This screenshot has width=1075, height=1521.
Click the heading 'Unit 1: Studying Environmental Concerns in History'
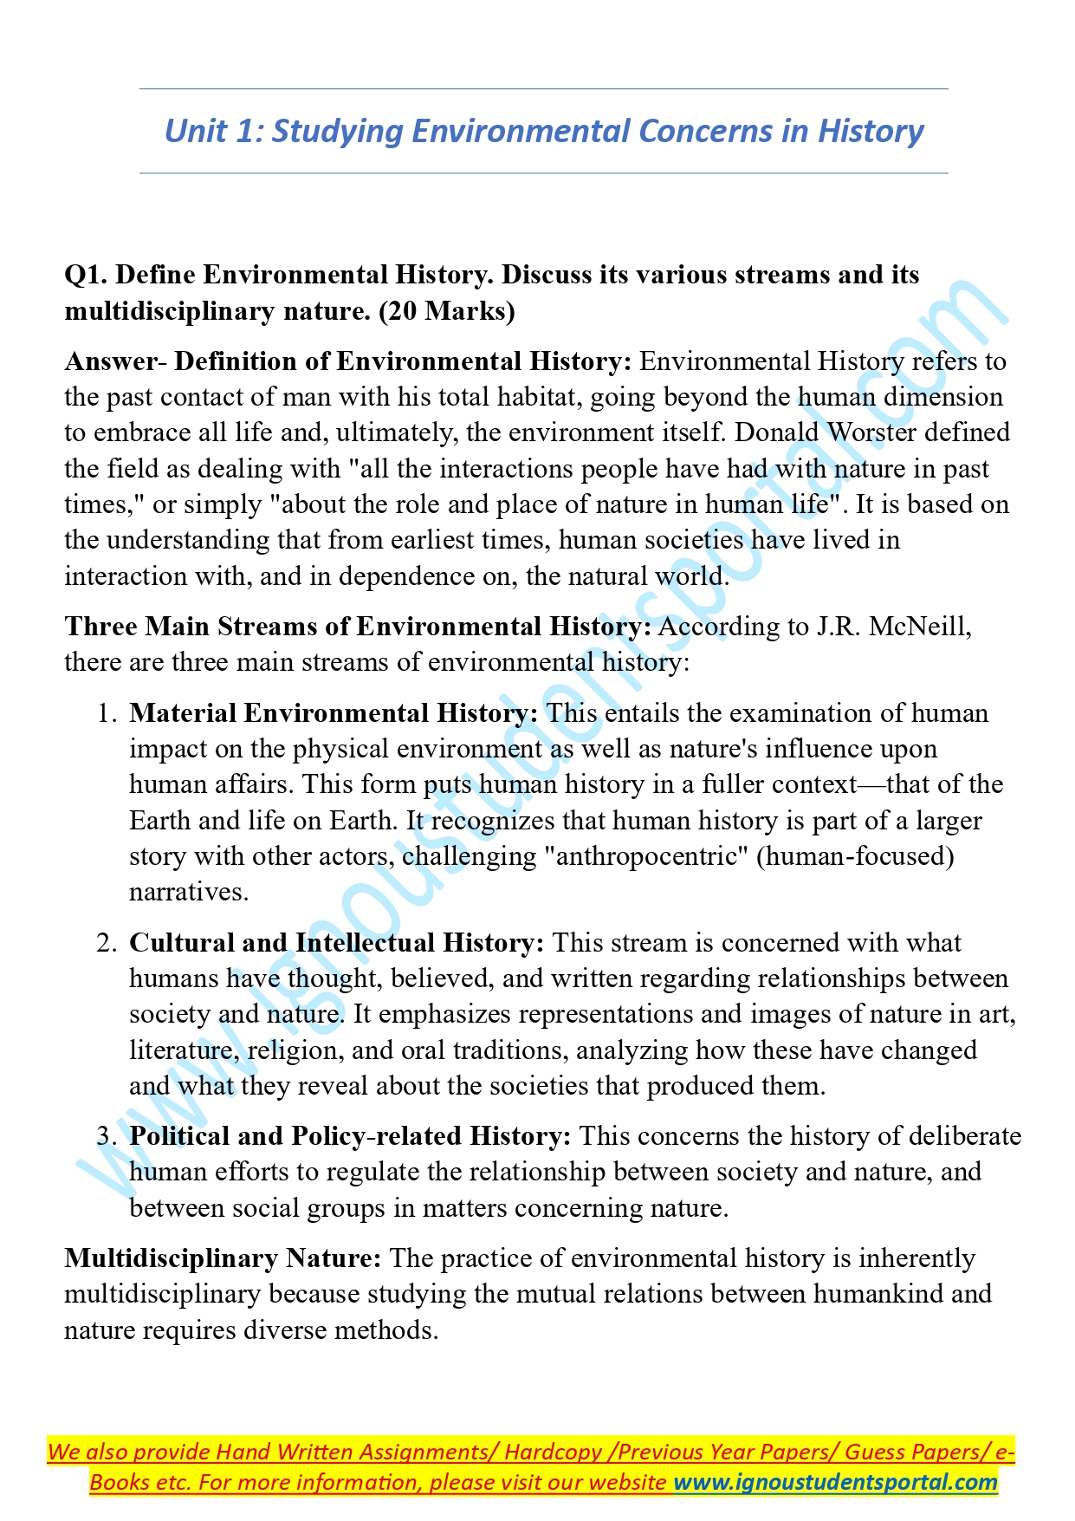[x=544, y=131]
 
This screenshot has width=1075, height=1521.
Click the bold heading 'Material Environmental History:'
[x=334, y=713]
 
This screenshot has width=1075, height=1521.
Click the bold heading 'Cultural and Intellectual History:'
[x=336, y=943]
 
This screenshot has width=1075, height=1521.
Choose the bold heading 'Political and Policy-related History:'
[x=350, y=1136]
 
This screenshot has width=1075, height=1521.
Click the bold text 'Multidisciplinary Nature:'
[x=223, y=1258]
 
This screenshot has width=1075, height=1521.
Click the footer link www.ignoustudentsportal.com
[x=836, y=1482]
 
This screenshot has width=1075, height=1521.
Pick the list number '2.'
[x=107, y=943]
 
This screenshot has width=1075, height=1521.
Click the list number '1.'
[x=107, y=713]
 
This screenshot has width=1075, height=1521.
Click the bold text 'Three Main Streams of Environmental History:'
[x=358, y=626]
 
